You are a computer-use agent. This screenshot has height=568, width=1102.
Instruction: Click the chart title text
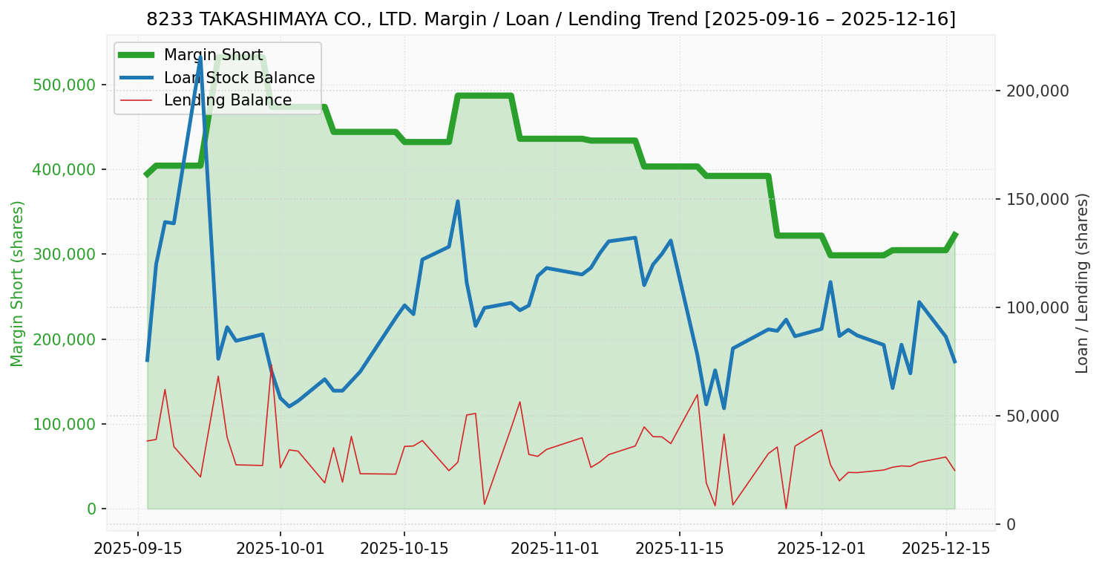click(551, 19)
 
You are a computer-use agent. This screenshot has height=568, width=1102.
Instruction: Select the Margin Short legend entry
click(213, 55)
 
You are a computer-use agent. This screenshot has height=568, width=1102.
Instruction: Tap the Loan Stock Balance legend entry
click(239, 78)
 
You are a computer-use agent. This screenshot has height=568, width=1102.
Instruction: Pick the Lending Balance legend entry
click(227, 100)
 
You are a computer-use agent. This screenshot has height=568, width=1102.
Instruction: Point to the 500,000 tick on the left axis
click(65, 85)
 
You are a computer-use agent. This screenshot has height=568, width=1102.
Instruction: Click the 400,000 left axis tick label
click(65, 170)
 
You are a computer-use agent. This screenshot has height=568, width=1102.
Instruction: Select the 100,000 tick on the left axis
click(65, 425)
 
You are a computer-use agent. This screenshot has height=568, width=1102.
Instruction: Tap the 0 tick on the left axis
click(92, 509)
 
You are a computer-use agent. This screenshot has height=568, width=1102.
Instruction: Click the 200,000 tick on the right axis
click(1037, 91)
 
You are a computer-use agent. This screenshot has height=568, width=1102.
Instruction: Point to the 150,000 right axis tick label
click(1037, 200)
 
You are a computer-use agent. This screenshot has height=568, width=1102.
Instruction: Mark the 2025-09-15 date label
click(138, 549)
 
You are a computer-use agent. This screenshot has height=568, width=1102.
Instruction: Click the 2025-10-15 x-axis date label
click(404, 549)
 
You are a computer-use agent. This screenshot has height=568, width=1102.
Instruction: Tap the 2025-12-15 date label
click(945, 549)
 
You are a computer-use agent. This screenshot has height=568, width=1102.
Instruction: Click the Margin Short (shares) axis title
click(18, 284)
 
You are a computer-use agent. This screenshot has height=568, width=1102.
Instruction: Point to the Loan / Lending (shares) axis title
click(1083, 284)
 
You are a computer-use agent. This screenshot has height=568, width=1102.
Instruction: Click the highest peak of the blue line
click(200, 56)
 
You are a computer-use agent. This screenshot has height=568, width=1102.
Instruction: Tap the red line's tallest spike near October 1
click(272, 365)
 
